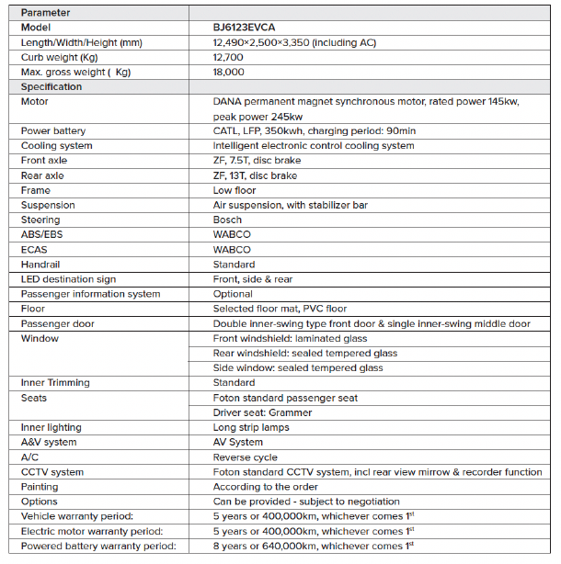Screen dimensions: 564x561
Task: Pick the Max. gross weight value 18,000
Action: pyautogui.click(x=229, y=72)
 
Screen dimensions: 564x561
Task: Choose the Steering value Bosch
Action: pyautogui.click(x=227, y=220)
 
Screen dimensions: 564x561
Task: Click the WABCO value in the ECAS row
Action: pyautogui.click(x=231, y=249)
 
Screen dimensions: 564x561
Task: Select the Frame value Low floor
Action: pyautogui.click(x=234, y=190)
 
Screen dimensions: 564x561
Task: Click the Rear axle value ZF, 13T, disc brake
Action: pyautogui.click(x=255, y=175)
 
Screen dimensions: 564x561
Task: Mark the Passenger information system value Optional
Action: pyautogui.click(x=234, y=294)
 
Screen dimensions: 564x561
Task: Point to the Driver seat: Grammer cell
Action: pyautogui.click(x=262, y=412)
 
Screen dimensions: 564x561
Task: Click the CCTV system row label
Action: pyautogui.click(x=52, y=472)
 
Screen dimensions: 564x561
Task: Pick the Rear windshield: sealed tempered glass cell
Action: pyautogui.click(x=304, y=353)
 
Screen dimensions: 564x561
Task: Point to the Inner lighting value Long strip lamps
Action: pyautogui.click(x=251, y=427)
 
